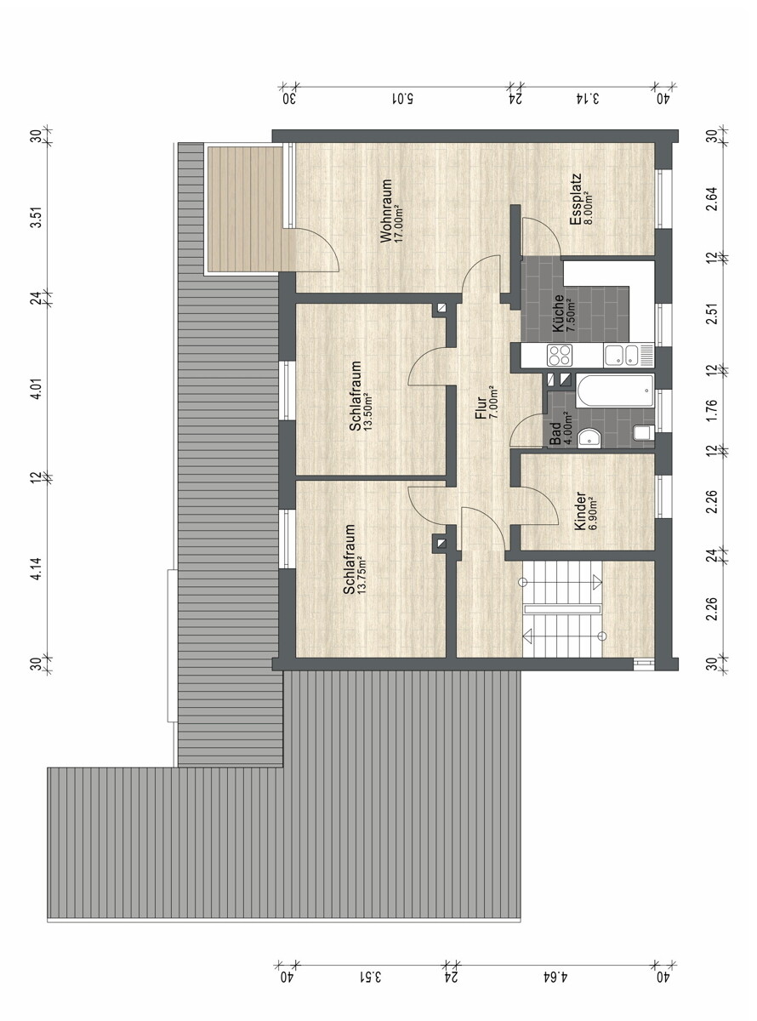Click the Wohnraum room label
[x=385, y=210]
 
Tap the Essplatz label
[x=576, y=199]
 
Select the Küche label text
[x=558, y=313]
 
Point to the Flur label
[x=481, y=408]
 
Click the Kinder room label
[x=580, y=511]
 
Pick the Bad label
[x=555, y=434]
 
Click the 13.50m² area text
[x=367, y=413]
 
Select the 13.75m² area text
[x=362, y=574]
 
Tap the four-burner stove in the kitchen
[x=560, y=356]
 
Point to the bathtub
[x=615, y=391]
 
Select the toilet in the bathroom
[x=644, y=433]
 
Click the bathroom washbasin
[x=589, y=437]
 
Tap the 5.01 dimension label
[x=401, y=99]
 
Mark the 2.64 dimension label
[x=711, y=199]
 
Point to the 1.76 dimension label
[x=711, y=410]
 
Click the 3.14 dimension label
[x=589, y=99]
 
